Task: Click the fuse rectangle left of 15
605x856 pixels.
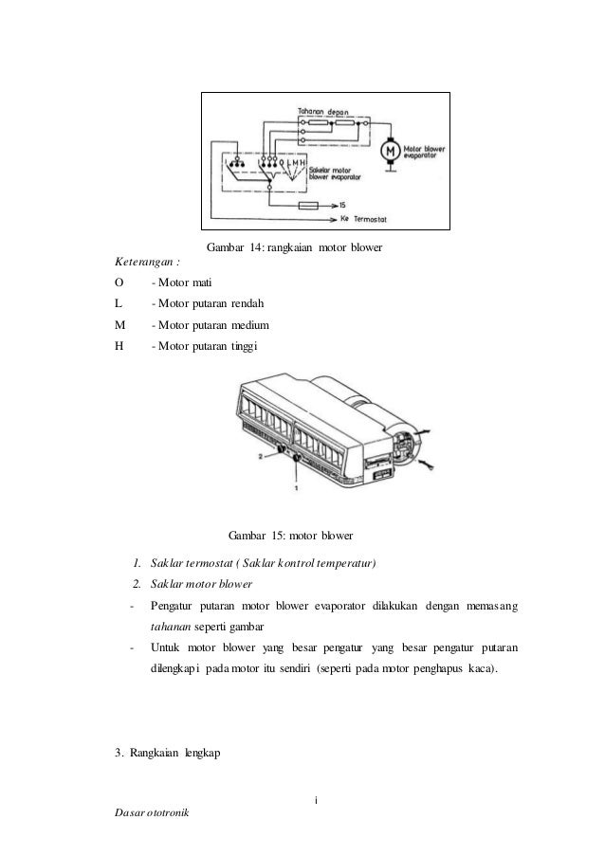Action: click(307, 205)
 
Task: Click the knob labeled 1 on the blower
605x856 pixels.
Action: click(297, 459)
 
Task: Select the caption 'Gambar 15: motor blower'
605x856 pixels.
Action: click(290, 537)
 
